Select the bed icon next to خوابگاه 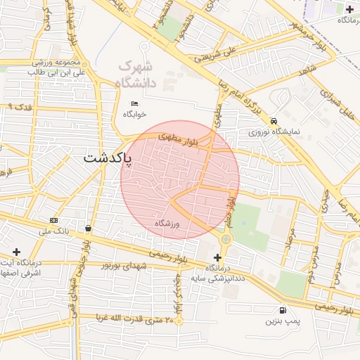(x=134, y=103)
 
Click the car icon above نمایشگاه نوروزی (x=272, y=120)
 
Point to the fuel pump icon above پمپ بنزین (x=283, y=309)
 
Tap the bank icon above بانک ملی (x=53, y=220)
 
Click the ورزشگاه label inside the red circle (x=168, y=224)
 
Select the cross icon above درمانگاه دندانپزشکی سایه (x=217, y=258)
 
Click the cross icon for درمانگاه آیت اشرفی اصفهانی (x=17, y=251)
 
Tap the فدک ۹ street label (x=20, y=106)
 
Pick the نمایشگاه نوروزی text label (x=269, y=131)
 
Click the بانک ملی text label (x=54, y=231)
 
